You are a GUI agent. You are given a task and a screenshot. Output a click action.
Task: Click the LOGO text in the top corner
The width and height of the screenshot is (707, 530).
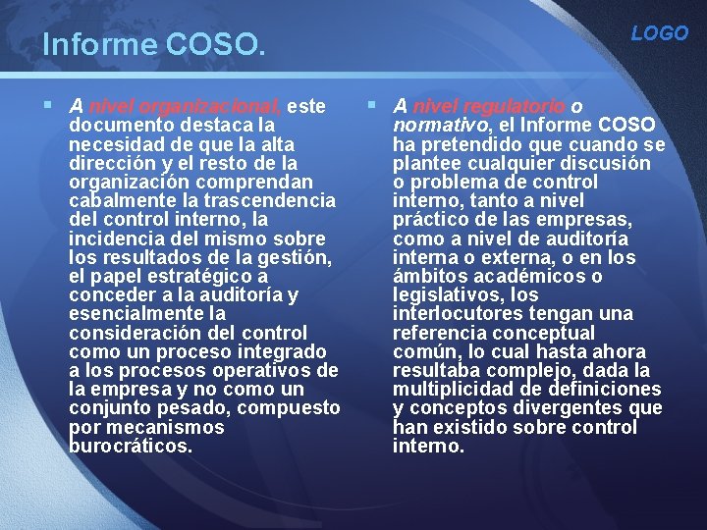(x=659, y=33)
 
